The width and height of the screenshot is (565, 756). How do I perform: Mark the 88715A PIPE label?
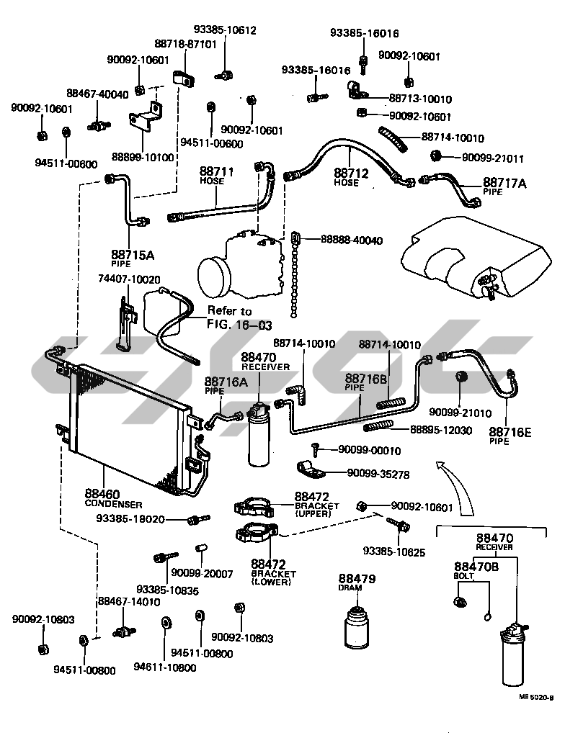coord(133,258)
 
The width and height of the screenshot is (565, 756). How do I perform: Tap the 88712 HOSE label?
coord(352,176)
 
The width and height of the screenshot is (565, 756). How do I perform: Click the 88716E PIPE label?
coord(510,436)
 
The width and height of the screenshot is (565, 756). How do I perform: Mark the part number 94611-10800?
coord(164,667)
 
